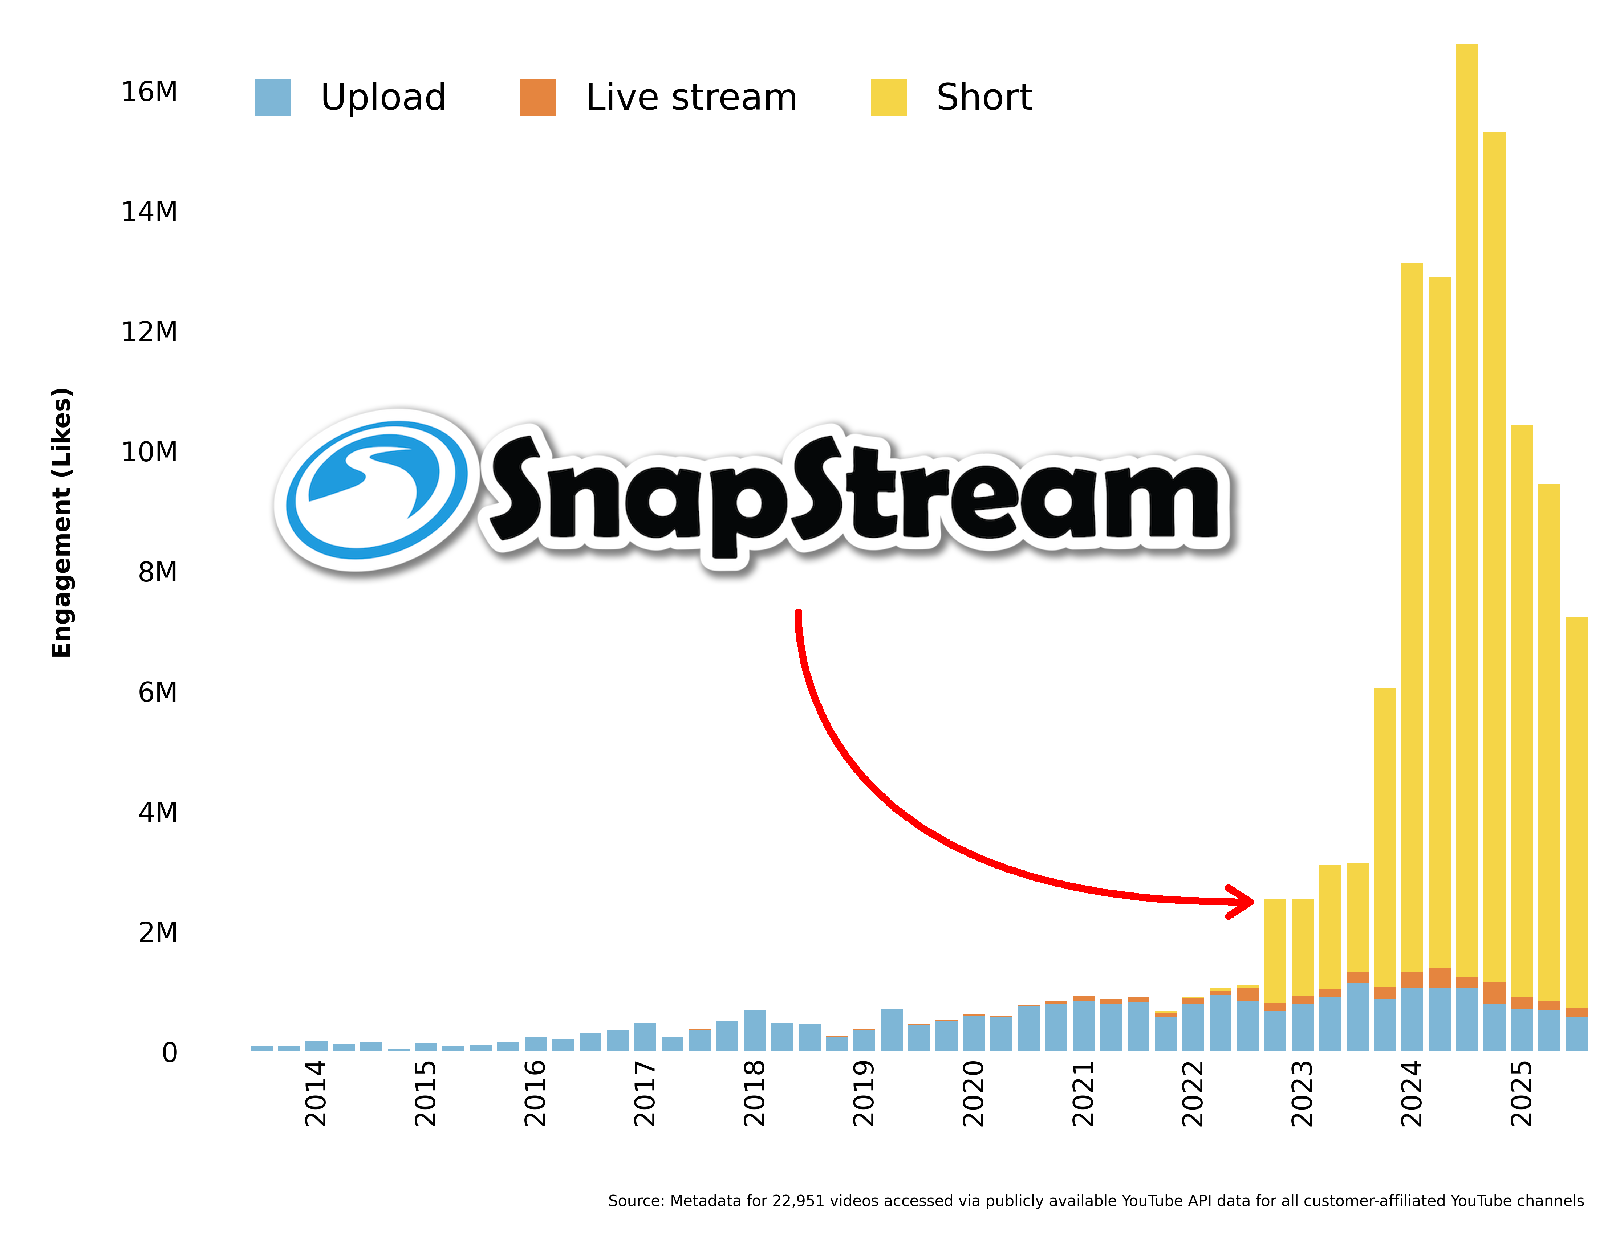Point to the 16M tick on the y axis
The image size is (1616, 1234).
(x=149, y=92)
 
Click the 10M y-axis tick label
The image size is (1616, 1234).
(x=149, y=452)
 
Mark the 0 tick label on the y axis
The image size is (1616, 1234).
(x=170, y=1053)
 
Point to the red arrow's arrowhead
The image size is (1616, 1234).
(x=1242, y=901)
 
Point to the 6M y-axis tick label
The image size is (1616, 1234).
(x=158, y=692)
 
